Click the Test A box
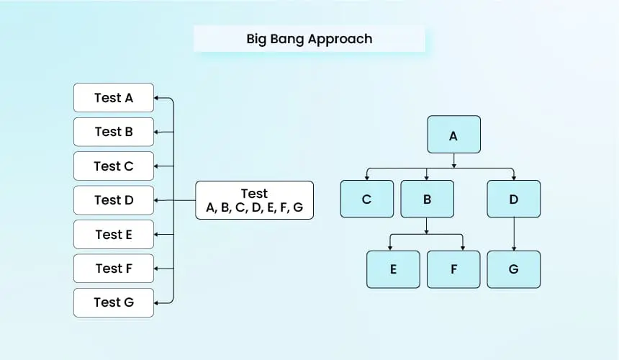114,97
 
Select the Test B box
114,132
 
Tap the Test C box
114,166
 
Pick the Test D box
114,200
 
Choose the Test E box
114,235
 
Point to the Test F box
114,269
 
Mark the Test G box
114,303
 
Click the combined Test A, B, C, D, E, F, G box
255,200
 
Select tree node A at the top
454,134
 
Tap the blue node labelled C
367,199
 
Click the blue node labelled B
427,199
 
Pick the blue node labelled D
514,199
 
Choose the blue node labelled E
393,269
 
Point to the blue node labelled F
453,269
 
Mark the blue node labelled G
514,269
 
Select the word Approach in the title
340,40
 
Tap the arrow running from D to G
514,234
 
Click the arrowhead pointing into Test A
156,98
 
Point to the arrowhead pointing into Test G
156,303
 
